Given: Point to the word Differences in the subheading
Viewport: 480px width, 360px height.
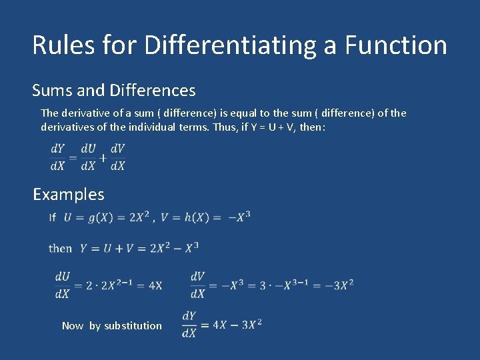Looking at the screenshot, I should pos(153,90).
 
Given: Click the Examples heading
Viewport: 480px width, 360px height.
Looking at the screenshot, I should pos(69,195).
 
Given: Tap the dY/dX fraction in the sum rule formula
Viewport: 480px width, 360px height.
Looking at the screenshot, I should pos(57,158).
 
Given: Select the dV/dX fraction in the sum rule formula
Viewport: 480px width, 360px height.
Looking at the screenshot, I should pos(117,158).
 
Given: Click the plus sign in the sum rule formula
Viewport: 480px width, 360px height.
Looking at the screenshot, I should pos(103,158).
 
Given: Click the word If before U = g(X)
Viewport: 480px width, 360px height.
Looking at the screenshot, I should pos(52,217).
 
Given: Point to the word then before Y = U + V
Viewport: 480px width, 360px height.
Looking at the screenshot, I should pos(60,248).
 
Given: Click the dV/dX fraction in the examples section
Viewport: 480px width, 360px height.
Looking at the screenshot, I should pos(197,285).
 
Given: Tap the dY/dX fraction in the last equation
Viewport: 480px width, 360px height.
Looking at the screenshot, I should pos(189,325).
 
